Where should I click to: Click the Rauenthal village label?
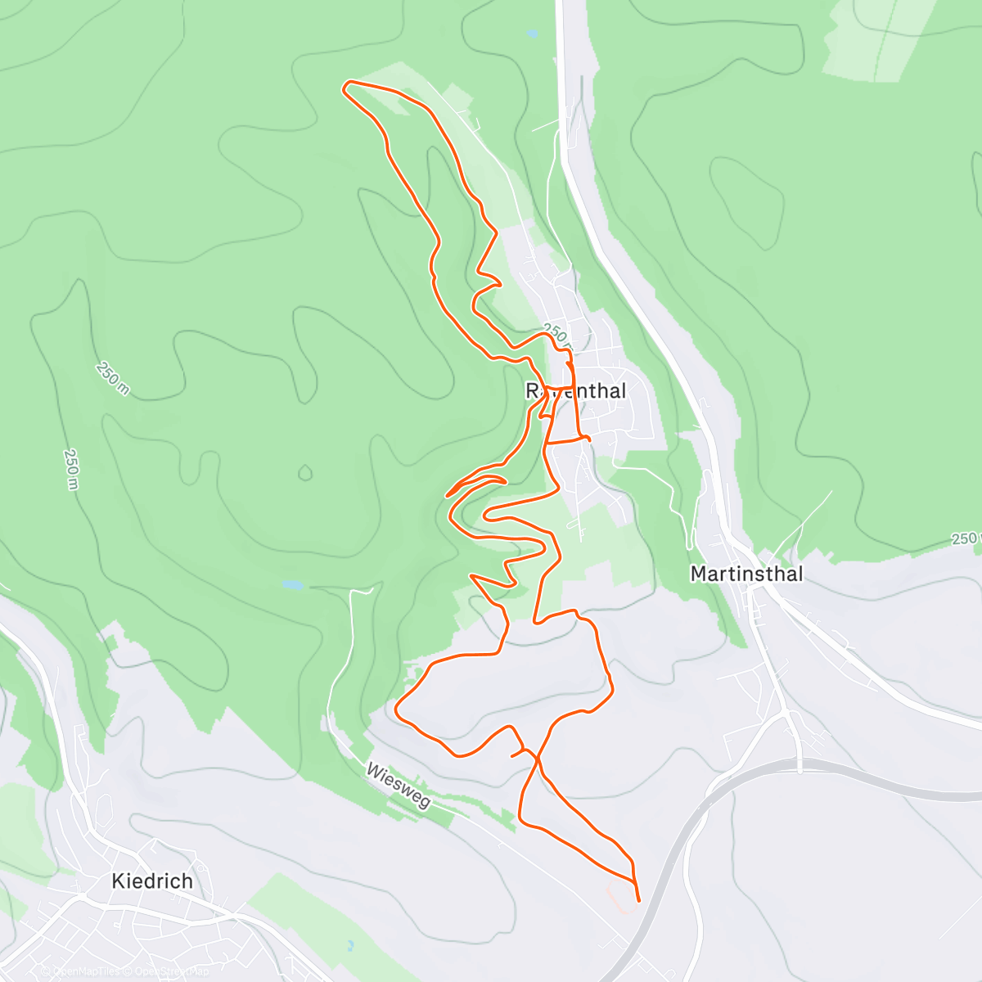click(x=576, y=391)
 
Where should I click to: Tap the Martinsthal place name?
click(x=746, y=574)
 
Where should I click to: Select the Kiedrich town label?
click(x=152, y=881)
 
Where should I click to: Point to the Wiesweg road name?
click(x=399, y=786)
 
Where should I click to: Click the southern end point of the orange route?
click(x=638, y=900)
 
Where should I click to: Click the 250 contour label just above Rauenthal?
click(x=554, y=334)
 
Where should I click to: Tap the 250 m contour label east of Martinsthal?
click(x=966, y=538)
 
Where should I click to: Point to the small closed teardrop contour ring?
click(x=305, y=472)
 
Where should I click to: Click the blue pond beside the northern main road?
click(x=533, y=34)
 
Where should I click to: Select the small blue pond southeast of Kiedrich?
click(x=349, y=945)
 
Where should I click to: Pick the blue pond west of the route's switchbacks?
click(x=292, y=585)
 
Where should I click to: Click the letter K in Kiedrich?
click(x=119, y=881)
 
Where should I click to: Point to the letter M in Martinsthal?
click(x=698, y=574)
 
